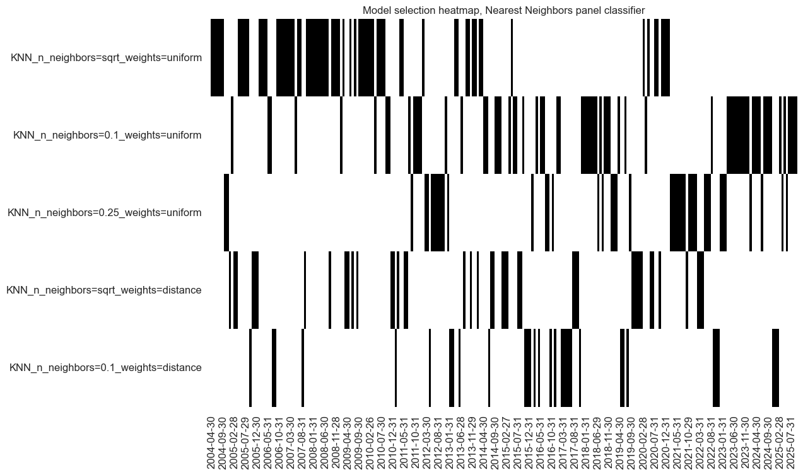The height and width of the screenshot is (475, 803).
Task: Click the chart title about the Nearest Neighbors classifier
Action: point(503,10)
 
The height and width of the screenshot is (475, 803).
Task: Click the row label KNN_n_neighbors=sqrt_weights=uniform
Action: point(106,58)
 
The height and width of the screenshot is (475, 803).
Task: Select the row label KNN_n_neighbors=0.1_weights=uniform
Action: point(107,135)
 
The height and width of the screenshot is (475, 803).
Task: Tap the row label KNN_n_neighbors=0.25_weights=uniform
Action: point(105,213)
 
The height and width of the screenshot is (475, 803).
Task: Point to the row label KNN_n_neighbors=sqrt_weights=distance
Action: point(104,290)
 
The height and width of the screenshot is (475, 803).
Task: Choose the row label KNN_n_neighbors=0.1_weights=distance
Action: point(105,368)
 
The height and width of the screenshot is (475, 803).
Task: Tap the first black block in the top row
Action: point(217,58)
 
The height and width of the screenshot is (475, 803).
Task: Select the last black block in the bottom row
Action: point(775,368)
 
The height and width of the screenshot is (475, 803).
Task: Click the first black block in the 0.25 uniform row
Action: point(226,213)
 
